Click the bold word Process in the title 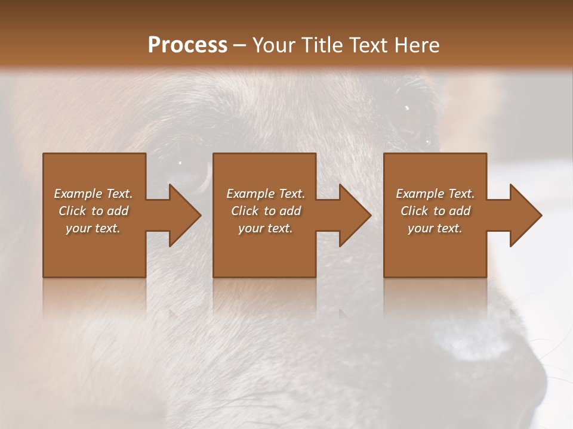click(187, 45)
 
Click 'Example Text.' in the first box click(93, 194)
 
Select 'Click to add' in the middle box click(266, 211)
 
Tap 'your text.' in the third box click(435, 228)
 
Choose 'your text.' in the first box click(93, 228)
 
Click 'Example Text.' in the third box click(435, 194)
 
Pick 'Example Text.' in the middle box click(266, 194)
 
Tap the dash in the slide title click(240, 46)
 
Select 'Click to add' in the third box click(435, 211)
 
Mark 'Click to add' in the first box click(93, 211)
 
